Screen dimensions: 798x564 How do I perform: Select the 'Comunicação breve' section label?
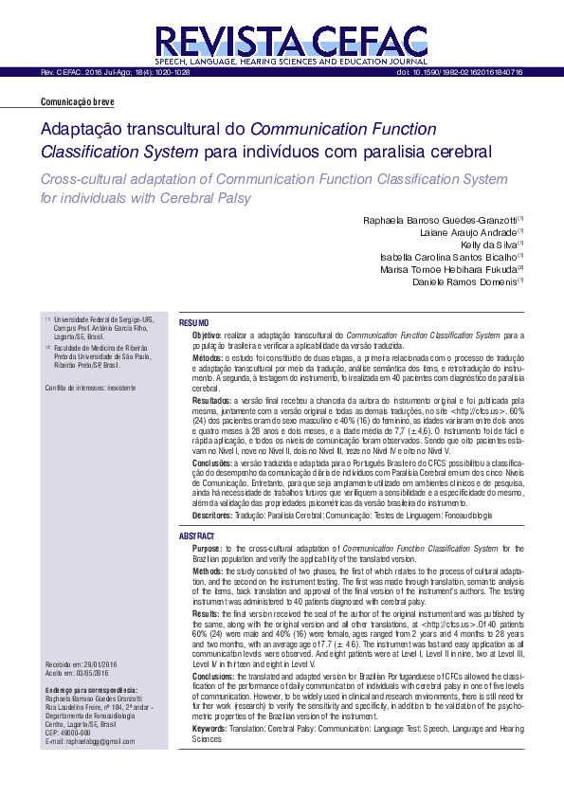[x=78, y=101]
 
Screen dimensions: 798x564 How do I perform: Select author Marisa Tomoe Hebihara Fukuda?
[x=446, y=268]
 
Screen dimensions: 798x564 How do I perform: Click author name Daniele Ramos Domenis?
[x=464, y=281]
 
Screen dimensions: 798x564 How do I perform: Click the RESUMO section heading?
[x=194, y=324]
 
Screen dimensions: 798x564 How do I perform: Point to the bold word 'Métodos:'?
[x=209, y=359]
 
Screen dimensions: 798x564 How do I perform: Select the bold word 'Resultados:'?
[x=212, y=402]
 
